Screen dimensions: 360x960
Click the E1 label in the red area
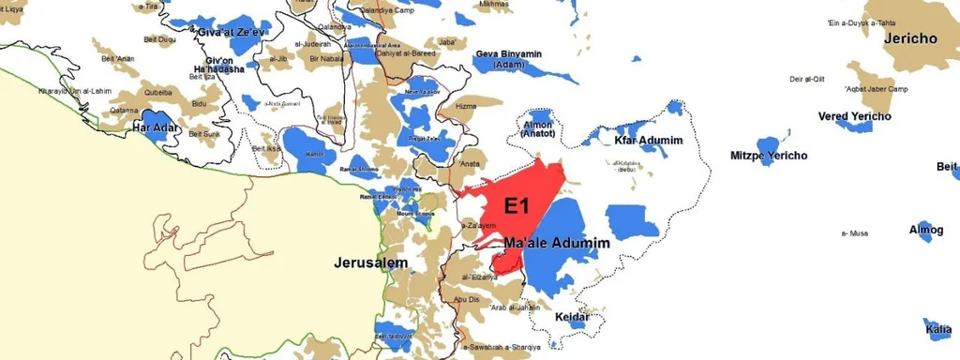coord(520,205)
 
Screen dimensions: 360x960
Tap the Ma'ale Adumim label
coord(557,244)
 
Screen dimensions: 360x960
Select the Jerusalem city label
coord(371,263)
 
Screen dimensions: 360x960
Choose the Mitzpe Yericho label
coord(770,156)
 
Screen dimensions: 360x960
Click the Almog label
coord(926,229)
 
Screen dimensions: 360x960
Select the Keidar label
coord(572,317)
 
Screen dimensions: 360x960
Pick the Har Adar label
coord(156,127)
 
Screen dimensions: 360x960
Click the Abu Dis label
coord(466,299)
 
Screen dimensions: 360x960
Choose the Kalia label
coord(938,329)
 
